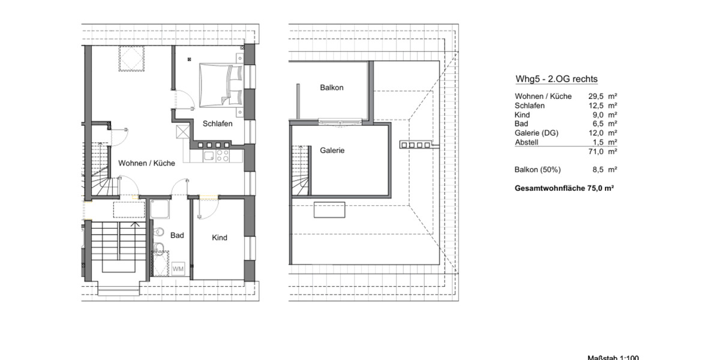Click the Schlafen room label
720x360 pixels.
click(218, 124)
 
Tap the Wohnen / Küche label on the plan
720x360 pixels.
click(146, 163)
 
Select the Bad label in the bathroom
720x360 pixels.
click(177, 236)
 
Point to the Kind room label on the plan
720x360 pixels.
click(220, 238)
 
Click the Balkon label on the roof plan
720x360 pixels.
click(331, 88)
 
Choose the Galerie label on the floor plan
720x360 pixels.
click(332, 151)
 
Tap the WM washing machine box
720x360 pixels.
click(178, 269)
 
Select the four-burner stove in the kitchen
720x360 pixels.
click(223, 156)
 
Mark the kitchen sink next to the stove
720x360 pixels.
click(208, 156)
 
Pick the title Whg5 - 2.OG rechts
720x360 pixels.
click(556, 79)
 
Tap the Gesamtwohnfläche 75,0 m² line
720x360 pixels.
click(564, 188)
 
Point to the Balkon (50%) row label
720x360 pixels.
click(538, 170)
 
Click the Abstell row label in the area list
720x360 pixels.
click(527, 142)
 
